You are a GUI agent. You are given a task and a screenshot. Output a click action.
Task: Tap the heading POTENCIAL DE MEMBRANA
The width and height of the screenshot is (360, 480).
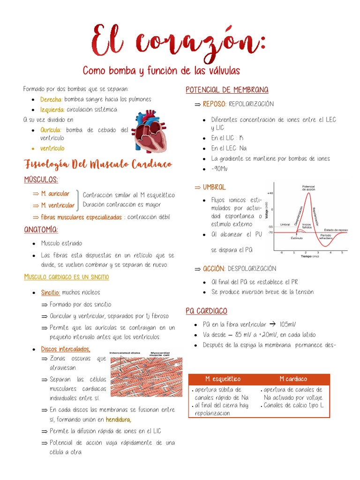click(227, 90)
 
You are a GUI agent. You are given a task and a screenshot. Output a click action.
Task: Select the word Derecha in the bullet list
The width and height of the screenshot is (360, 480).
click(51, 99)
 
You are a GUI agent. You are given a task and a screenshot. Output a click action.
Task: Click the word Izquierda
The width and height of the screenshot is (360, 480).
click(52, 109)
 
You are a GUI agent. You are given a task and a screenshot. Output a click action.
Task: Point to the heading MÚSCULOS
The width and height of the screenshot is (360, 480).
click(41, 180)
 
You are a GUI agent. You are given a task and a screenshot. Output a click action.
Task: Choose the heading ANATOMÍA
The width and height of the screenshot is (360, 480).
click(41, 229)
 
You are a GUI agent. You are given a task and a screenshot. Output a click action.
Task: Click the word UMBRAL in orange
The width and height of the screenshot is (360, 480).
click(214, 187)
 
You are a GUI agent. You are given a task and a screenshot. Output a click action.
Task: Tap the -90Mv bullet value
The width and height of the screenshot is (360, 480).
click(219, 169)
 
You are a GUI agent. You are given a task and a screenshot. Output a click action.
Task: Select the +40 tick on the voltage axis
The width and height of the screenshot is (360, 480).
click(270, 193)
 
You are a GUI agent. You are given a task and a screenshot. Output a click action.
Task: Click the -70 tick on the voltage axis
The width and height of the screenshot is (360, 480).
click(270, 232)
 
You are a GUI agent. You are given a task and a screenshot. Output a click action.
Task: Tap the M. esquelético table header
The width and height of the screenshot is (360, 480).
click(223, 379)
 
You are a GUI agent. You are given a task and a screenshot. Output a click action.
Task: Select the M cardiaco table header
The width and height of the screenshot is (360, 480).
click(293, 379)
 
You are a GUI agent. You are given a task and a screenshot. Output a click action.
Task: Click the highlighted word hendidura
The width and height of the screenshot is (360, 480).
click(119, 420)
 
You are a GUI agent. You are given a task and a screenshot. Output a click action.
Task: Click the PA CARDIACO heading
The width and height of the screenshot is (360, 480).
click(206, 311)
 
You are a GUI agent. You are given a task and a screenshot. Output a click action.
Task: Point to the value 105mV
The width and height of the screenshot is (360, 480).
click(288, 324)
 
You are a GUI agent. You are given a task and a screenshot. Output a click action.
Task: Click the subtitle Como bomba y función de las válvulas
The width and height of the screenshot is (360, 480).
click(161, 71)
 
